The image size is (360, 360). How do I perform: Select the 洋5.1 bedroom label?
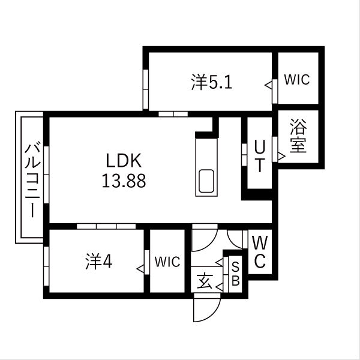click(x=212, y=82)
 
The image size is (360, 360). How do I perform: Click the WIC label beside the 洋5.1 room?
click(x=297, y=80)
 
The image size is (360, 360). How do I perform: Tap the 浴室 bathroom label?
click(x=298, y=137)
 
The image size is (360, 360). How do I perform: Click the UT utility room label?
click(x=259, y=156)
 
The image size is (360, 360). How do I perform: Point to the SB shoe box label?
click(x=236, y=274)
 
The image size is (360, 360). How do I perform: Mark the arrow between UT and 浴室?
click(x=281, y=156)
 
